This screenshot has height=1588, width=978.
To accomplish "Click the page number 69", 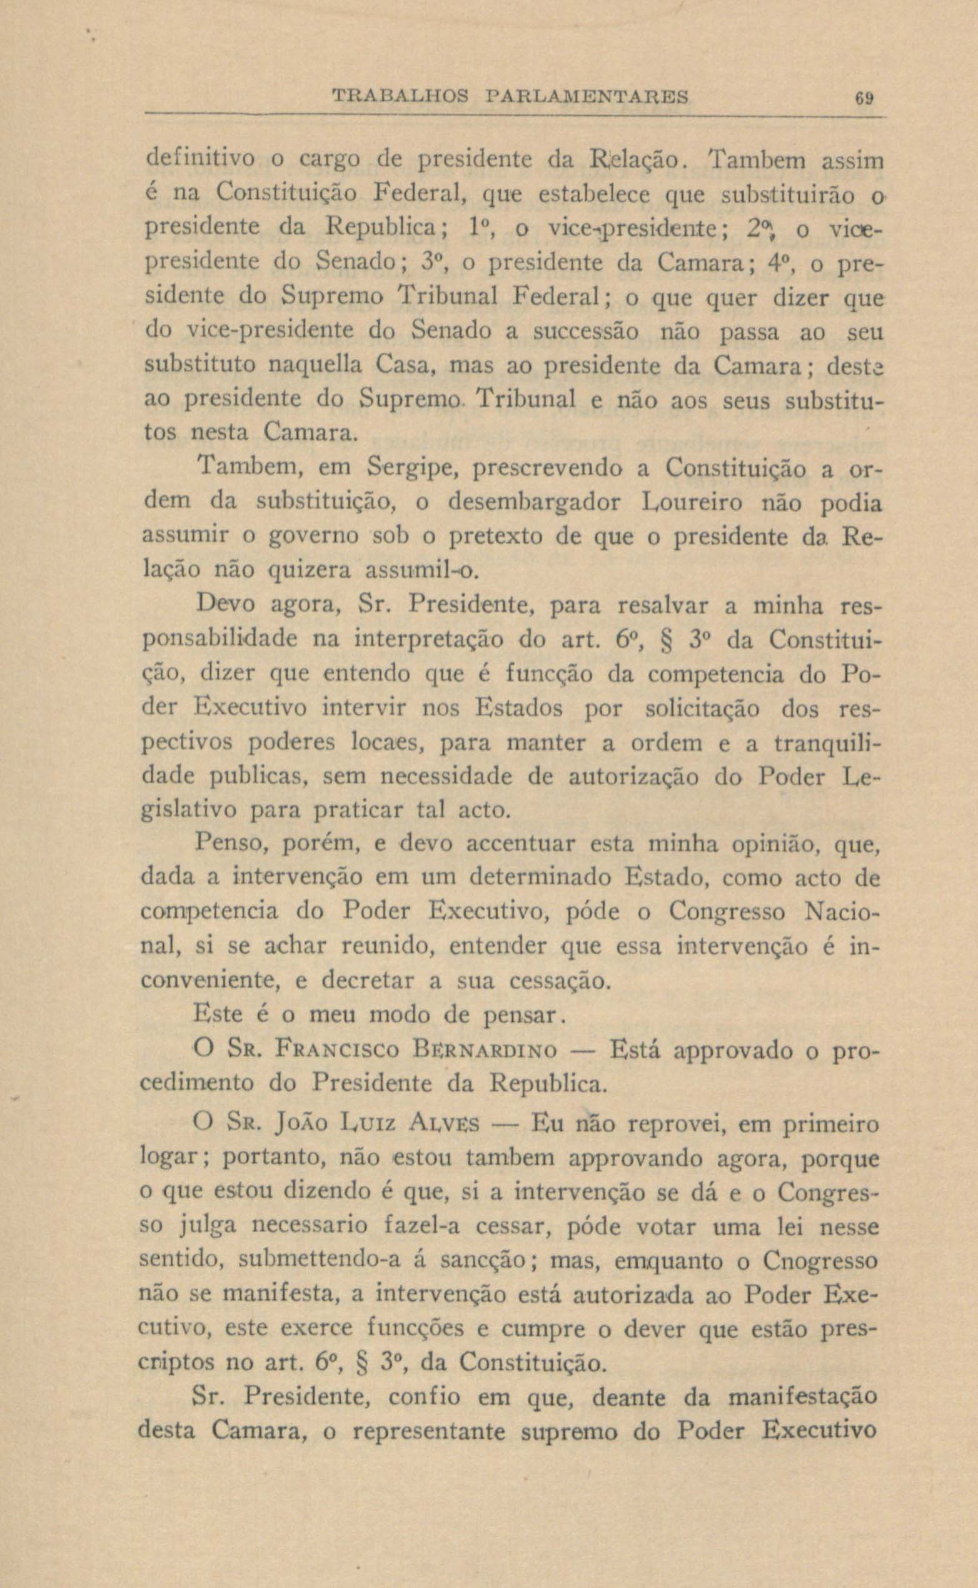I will (x=864, y=98).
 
